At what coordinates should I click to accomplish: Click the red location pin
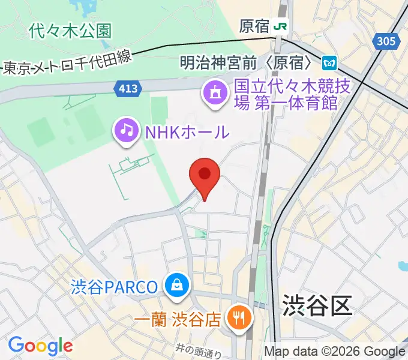pyautogui.click(x=205, y=175)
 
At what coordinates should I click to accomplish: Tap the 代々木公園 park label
pyautogui.click(x=70, y=31)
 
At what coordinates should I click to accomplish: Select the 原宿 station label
pyautogui.click(x=254, y=26)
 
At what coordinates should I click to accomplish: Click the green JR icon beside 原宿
pyautogui.click(x=280, y=26)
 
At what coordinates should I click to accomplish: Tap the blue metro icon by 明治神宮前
pyautogui.click(x=329, y=62)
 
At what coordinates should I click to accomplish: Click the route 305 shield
pyautogui.click(x=387, y=41)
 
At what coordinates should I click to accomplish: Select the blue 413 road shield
pyautogui.click(x=127, y=89)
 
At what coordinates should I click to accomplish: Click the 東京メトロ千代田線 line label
pyautogui.click(x=67, y=65)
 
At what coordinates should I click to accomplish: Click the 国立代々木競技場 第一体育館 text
pyautogui.click(x=285, y=94)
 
